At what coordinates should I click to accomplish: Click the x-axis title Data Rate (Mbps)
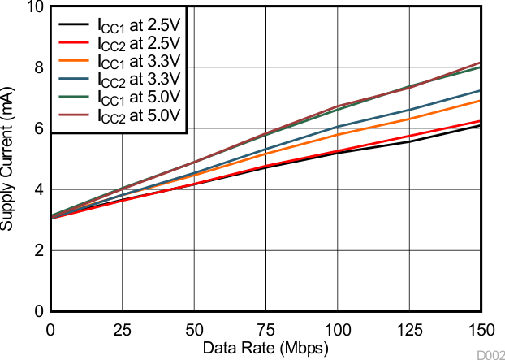[265, 348]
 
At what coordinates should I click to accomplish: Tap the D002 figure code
[490, 354]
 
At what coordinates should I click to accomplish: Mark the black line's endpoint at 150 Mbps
[481, 125]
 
